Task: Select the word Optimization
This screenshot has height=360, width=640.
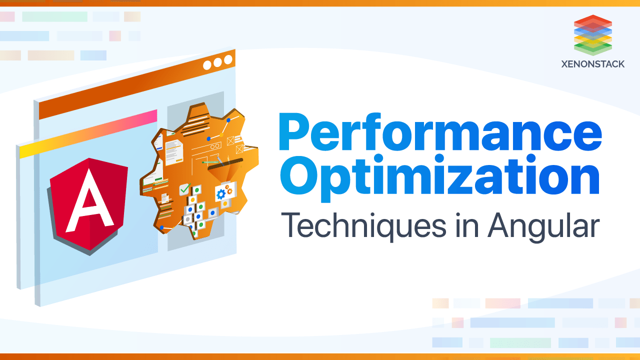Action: click(x=439, y=177)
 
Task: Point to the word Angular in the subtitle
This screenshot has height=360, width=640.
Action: click(x=543, y=226)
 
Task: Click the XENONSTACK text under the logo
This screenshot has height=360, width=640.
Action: click(x=593, y=64)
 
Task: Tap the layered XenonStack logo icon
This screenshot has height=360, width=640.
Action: click(x=593, y=35)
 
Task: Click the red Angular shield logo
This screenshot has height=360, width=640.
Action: click(x=88, y=204)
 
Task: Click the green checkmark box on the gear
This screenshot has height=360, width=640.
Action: click(x=185, y=189)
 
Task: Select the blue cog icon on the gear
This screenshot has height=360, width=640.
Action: click(x=221, y=194)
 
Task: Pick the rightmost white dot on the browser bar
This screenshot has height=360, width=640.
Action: click(x=228, y=59)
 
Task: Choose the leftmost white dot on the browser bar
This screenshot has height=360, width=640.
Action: click(x=207, y=65)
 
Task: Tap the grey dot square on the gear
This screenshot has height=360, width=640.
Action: click(x=187, y=219)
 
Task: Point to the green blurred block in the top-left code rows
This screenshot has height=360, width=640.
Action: click(x=54, y=16)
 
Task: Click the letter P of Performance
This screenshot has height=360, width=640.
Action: click(x=296, y=131)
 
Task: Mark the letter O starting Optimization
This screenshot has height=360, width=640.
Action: click(x=299, y=174)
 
